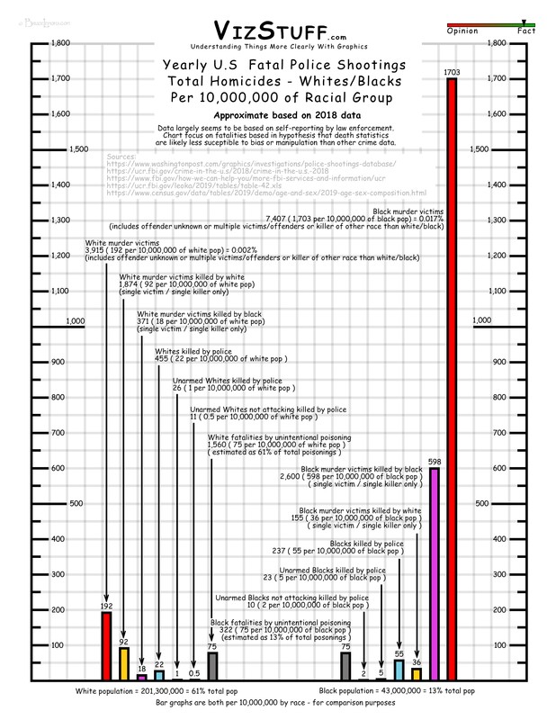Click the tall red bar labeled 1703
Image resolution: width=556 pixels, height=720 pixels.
pos(452,378)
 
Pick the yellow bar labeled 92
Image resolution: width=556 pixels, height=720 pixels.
pos(124,663)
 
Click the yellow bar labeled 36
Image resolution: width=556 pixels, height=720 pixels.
pos(417,674)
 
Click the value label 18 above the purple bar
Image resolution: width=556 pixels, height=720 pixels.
pos(141,668)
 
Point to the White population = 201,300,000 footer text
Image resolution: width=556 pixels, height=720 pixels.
pos(145,689)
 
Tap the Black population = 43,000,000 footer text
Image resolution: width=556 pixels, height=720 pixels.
pos(408,689)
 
